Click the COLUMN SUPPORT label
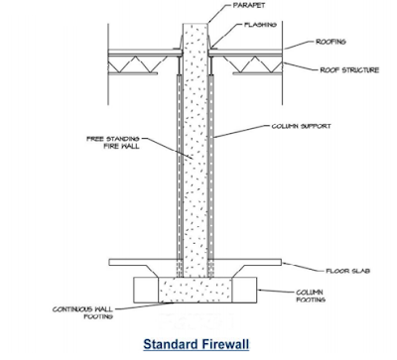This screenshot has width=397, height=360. (302, 127)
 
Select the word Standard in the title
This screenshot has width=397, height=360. (171, 346)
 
